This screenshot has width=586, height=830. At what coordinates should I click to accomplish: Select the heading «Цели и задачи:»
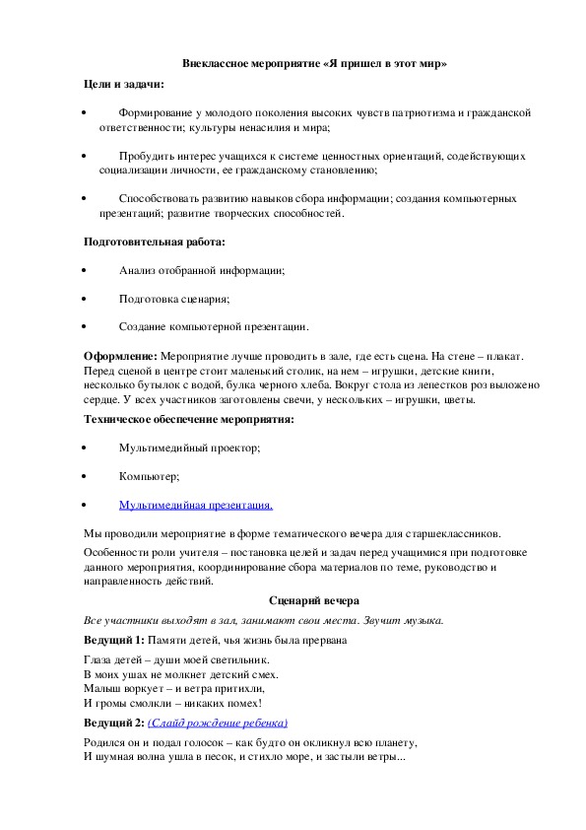tap(123, 88)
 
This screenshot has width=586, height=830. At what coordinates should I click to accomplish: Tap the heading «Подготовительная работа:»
tap(155, 242)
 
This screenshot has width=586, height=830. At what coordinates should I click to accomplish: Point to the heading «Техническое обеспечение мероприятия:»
tap(189, 420)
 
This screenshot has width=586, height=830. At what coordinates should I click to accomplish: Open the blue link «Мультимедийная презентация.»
tap(196, 505)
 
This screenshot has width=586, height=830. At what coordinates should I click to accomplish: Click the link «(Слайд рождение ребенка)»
tap(217, 723)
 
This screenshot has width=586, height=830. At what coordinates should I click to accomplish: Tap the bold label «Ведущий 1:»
tap(113, 641)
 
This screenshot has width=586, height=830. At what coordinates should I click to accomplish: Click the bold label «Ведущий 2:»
tap(113, 723)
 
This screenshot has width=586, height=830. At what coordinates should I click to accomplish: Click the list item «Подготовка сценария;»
tap(173, 298)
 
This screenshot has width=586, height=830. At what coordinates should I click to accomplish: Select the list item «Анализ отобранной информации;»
tap(201, 269)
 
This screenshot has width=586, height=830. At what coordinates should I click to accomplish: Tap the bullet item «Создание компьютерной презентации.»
tap(214, 326)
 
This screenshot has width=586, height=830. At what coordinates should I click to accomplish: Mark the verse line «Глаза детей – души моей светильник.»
tap(177, 660)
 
